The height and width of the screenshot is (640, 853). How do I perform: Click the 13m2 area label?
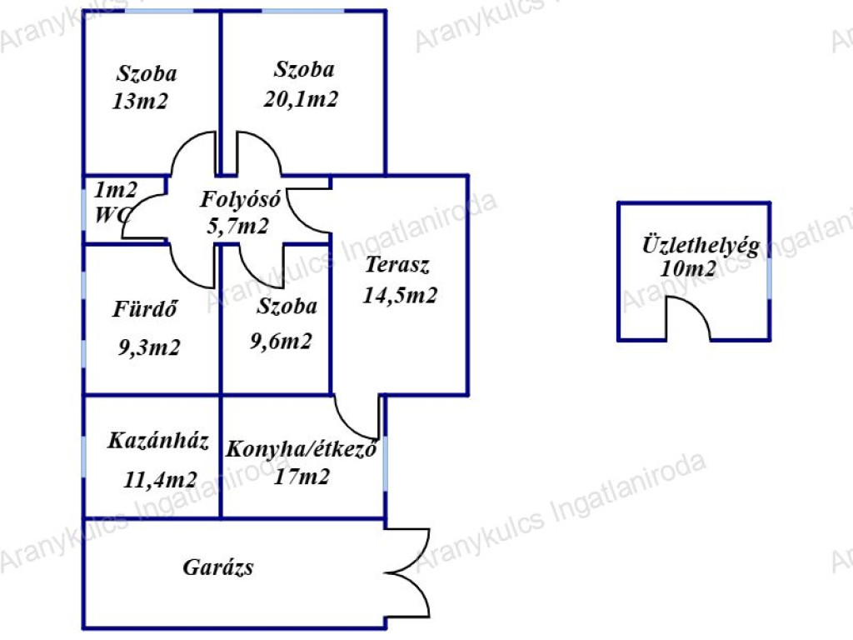click(140, 102)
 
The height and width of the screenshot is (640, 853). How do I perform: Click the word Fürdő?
click(147, 309)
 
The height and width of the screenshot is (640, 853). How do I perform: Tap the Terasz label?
click(397, 267)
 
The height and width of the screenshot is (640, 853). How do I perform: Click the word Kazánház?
click(158, 440)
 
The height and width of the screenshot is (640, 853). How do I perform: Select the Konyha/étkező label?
click(302, 449)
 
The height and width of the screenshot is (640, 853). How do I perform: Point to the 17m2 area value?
click(302, 477)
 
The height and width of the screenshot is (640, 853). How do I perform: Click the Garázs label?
click(218, 568)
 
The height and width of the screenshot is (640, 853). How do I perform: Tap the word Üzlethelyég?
click(701, 246)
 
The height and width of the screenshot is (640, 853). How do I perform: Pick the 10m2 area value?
click(688, 269)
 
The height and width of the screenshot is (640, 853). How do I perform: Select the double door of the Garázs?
click(410, 572)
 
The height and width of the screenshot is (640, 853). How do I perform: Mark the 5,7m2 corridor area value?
click(237, 226)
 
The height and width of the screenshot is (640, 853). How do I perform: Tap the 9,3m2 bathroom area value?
click(149, 347)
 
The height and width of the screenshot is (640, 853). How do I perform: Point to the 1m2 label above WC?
click(116, 189)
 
